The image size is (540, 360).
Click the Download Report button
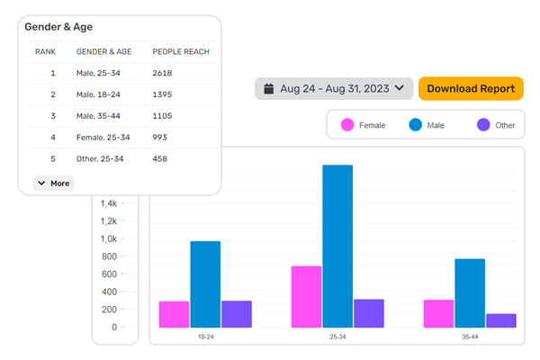pyautogui.click(x=471, y=88)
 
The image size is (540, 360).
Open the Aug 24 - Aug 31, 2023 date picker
pyautogui.click(x=334, y=88)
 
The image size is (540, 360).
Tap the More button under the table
pyautogui.click(x=53, y=183)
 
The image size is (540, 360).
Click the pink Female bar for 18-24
pyautogui.click(x=175, y=314)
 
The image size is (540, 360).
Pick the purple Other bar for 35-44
pyautogui.click(x=501, y=320)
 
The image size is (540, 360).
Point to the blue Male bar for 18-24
pyautogui.click(x=205, y=283)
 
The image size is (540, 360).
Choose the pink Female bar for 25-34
pyautogui.click(x=307, y=296)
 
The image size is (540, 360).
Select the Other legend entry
pyautogui.click(x=496, y=125)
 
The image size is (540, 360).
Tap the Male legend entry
pyautogui.click(x=430, y=125)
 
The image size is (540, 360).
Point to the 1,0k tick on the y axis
pyautogui.click(x=109, y=238)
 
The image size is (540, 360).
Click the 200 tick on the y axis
pyautogui.click(x=109, y=309)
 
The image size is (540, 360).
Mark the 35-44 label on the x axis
pyautogui.click(x=471, y=336)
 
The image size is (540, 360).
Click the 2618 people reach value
pyautogui.click(x=162, y=73)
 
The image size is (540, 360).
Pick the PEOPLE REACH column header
pyautogui.click(x=181, y=51)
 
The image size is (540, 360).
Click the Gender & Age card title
pyautogui.click(x=58, y=27)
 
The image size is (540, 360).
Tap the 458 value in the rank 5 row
pyautogui.click(x=160, y=159)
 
